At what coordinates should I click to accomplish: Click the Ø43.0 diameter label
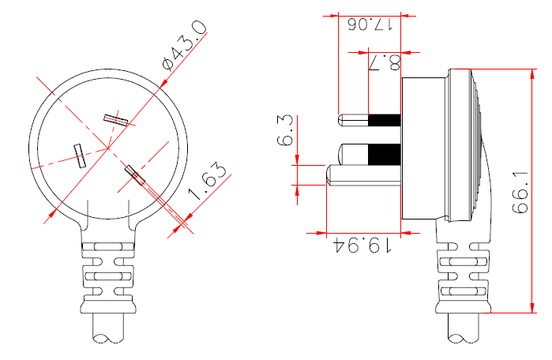click(184, 45)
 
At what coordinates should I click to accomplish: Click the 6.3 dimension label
click(285, 130)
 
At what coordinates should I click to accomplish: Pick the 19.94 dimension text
click(364, 246)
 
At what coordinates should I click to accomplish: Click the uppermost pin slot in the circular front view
click(116, 119)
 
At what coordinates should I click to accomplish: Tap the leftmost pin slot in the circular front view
click(80, 156)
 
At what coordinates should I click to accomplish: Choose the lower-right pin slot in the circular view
click(133, 174)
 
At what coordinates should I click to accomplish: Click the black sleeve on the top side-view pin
click(385, 120)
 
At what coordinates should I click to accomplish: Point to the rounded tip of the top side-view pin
click(342, 120)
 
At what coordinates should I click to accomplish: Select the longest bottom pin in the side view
click(363, 174)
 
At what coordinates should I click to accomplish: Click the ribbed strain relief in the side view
click(463, 276)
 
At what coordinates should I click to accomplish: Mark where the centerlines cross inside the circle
click(108, 148)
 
